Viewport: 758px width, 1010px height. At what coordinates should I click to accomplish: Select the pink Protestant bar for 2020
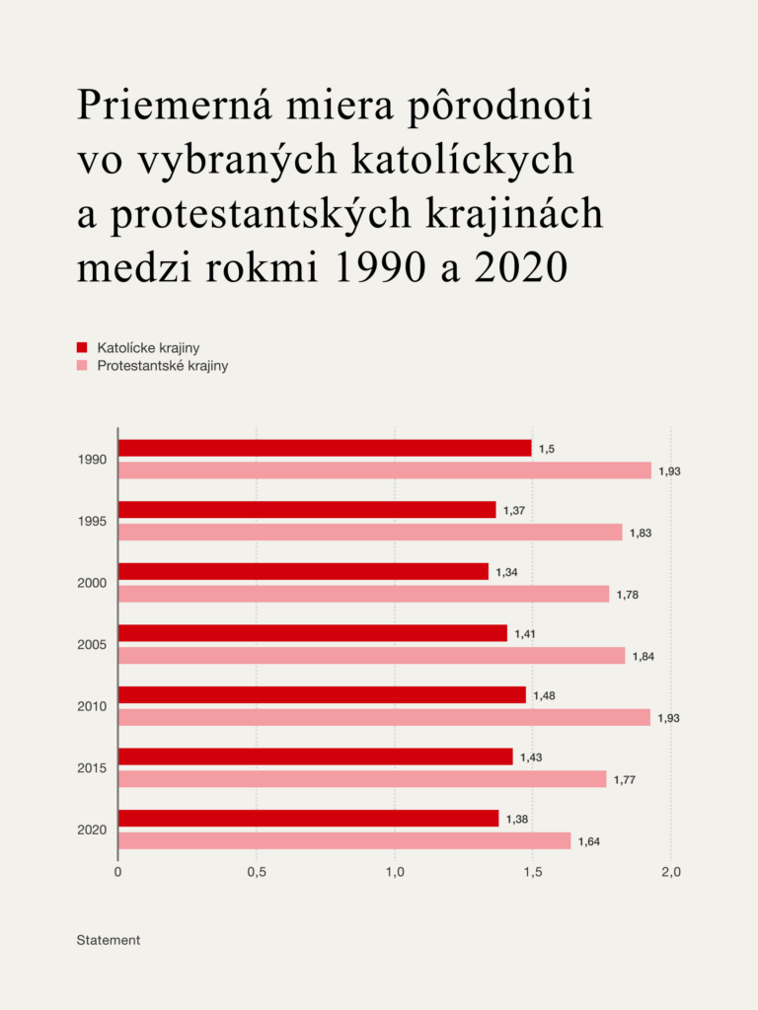pos(344,840)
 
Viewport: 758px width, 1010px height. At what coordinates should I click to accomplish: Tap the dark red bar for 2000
pos(303,571)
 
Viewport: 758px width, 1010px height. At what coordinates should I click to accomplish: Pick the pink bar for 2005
pos(371,656)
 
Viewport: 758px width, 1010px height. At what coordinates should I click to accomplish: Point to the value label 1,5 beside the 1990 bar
pos(546,449)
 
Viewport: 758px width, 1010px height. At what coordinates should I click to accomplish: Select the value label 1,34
pos(504,572)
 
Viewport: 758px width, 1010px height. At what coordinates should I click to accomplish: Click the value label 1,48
pos(544,695)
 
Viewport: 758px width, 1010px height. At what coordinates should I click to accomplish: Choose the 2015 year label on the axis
pos(92,768)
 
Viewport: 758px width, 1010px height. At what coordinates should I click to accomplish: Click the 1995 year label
pos(92,522)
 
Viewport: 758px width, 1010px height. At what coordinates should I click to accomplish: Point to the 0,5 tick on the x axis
pos(257,873)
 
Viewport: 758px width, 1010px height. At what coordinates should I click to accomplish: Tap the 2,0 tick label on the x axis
pos(671,873)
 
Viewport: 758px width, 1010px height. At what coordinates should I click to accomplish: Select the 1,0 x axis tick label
pos(395,873)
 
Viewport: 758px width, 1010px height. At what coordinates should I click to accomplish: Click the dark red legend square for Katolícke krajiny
pos(83,347)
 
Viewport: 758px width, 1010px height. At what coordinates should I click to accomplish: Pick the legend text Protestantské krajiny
pos(163,366)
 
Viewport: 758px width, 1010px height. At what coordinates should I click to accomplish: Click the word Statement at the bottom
pos(109,940)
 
